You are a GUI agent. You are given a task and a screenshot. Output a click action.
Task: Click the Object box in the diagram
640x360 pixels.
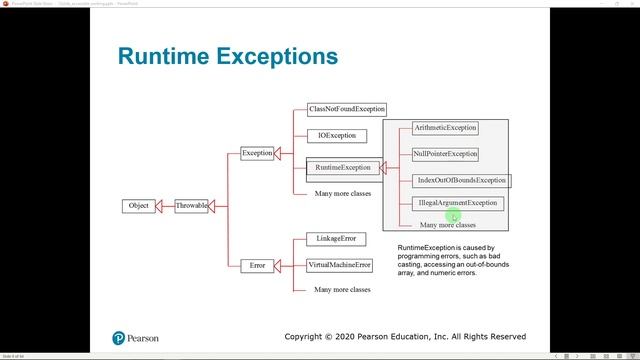click(138, 206)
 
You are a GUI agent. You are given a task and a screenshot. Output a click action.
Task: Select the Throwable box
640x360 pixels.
click(191, 206)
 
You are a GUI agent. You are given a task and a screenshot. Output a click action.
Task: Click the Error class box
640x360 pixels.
click(258, 265)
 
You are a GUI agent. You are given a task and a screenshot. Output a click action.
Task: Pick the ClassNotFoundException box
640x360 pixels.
click(346, 109)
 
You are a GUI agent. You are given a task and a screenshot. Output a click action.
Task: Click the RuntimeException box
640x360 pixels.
click(342, 167)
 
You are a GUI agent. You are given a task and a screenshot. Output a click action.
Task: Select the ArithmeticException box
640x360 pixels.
click(445, 128)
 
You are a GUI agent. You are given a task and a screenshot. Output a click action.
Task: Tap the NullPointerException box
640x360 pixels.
click(445, 154)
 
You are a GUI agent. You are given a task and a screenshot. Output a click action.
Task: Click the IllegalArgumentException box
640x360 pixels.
click(457, 203)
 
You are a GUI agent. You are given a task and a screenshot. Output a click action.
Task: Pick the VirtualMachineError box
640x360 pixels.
click(340, 265)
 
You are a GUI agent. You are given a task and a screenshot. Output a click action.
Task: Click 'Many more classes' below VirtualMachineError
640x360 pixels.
click(342, 289)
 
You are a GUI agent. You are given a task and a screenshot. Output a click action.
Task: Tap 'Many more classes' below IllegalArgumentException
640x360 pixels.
click(448, 226)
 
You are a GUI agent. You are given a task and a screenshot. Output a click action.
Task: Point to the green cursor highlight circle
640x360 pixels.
click(453, 214)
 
